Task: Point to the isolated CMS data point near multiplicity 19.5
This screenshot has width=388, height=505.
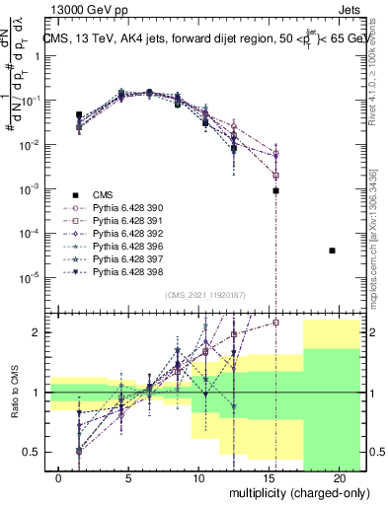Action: (333, 251)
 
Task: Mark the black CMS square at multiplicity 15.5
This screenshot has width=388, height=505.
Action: (276, 190)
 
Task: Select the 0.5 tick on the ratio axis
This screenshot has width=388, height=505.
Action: (37, 452)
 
